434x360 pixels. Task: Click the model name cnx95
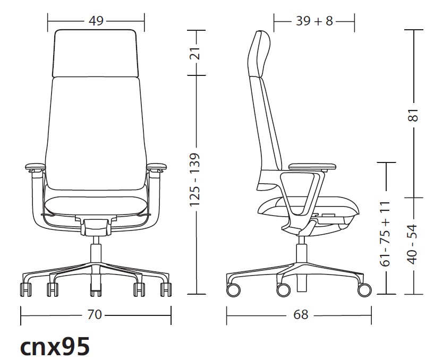point(55,347)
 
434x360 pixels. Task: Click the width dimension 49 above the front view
point(96,21)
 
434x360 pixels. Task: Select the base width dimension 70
point(95,314)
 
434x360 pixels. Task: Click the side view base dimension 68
point(301,314)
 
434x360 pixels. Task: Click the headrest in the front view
point(96,53)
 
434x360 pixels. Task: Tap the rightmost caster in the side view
point(364,290)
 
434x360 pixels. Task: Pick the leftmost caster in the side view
point(233,290)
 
